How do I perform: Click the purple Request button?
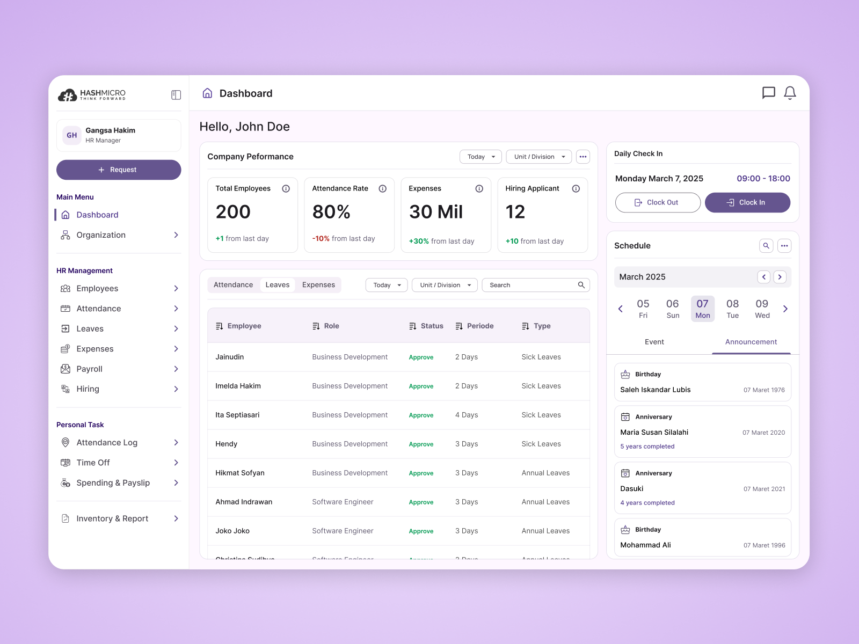pyautogui.click(x=119, y=170)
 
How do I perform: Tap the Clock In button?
pyautogui.click(x=747, y=202)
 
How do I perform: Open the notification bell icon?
pyautogui.click(x=790, y=93)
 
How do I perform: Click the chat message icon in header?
pyautogui.click(x=768, y=93)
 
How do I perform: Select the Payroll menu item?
pyautogui.click(x=89, y=369)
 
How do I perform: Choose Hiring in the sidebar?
pyautogui.click(x=88, y=389)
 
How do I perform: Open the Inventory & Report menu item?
pyautogui.click(x=112, y=518)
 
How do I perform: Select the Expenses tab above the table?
pyautogui.click(x=318, y=285)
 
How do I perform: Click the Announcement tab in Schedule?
pyautogui.click(x=751, y=342)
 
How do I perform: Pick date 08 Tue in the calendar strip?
pyautogui.click(x=732, y=309)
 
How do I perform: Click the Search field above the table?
pyautogui.click(x=532, y=285)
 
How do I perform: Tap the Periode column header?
pyautogui.click(x=480, y=326)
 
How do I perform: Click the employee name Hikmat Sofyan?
pyautogui.click(x=240, y=473)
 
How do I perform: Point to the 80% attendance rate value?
pyautogui.click(x=331, y=212)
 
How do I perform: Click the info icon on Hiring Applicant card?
pyautogui.click(x=576, y=188)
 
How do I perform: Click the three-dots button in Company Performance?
pyautogui.click(x=583, y=157)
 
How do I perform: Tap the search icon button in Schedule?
pyautogui.click(x=766, y=246)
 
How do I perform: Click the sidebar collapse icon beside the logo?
pyautogui.click(x=176, y=95)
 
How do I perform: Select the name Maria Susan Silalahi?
pyautogui.click(x=654, y=432)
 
